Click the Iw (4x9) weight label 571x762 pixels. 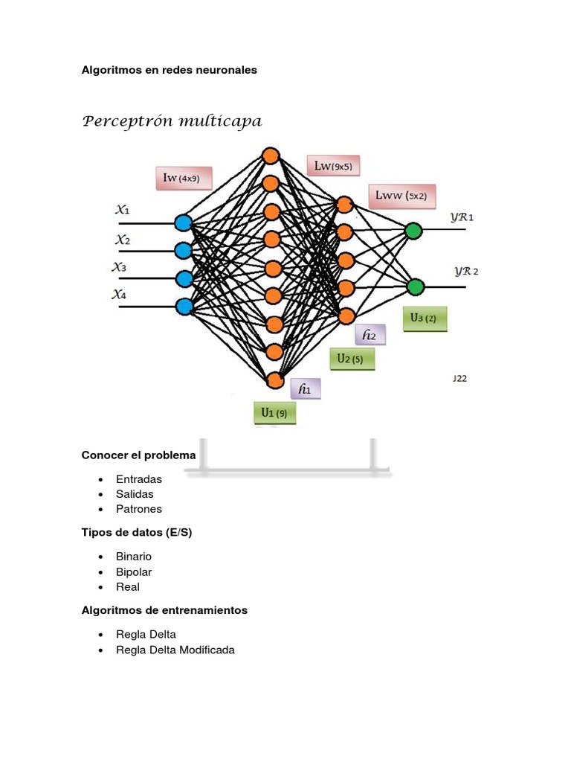pos(182,178)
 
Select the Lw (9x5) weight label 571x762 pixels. pos(333,167)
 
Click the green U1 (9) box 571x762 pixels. pos(274,412)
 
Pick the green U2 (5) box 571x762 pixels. pos(352,359)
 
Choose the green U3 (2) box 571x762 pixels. pos(425,318)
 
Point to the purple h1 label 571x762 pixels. pos(306,388)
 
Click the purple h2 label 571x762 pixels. pos(370,336)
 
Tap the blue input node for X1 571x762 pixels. pos(183,222)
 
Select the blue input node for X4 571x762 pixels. pos(184,306)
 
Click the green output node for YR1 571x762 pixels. pos(413,231)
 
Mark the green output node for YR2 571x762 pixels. pos(415,286)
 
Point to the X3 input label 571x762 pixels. pos(119,266)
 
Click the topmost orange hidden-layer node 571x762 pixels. pos(270,156)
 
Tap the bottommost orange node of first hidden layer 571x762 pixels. pos(275,380)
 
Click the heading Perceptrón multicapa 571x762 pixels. pos(172,121)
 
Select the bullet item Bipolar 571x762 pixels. pos(134,571)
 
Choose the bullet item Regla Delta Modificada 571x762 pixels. pos(175,650)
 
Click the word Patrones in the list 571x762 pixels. pos(139,509)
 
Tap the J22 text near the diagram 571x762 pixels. pos(459,378)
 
